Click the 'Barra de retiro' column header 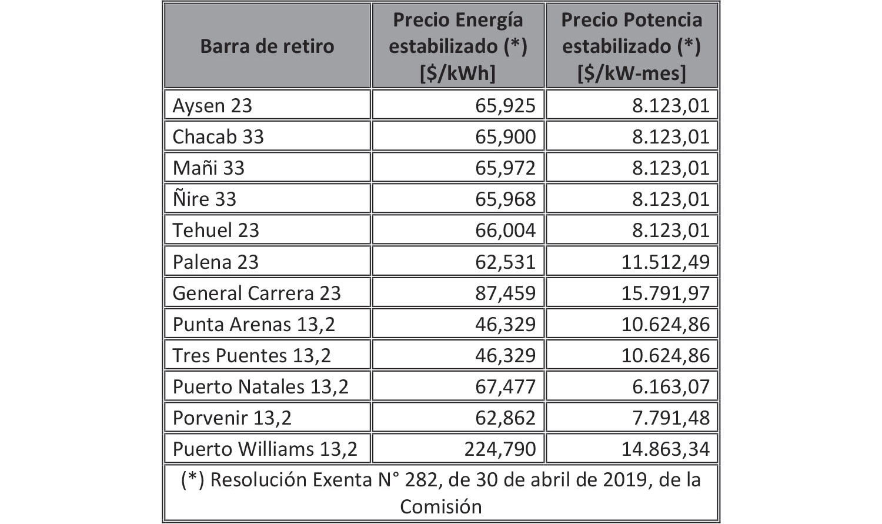coord(267,46)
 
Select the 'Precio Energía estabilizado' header coord(457,46)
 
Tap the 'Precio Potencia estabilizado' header coord(632,46)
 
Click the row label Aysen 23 coord(212,105)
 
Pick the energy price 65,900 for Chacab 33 coord(506,136)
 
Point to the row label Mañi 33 coord(208,168)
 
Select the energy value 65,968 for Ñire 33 coord(506,199)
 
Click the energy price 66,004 coord(506,230)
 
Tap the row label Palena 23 coord(215,261)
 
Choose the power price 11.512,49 coord(666,261)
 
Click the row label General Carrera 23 coord(256,293)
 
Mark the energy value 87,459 coord(506,293)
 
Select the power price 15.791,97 coord(666,293)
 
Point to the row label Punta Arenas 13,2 coord(253,324)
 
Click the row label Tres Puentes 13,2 coord(252,355)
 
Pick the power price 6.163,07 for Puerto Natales coord(671,386)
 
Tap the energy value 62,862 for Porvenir coord(506,418)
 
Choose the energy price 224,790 coord(500,449)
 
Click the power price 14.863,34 coord(666,449)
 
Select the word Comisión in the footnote coord(440,506)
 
